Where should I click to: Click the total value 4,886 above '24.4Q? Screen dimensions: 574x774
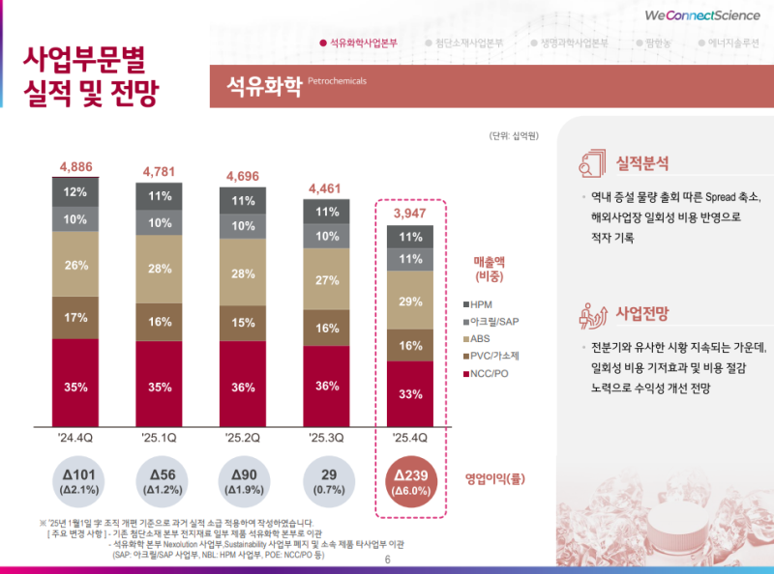pos(76,167)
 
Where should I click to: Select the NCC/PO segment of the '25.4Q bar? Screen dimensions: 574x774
pos(410,393)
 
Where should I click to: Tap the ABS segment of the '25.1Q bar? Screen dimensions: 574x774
pos(160,269)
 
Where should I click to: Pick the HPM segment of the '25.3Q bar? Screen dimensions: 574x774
pos(327,212)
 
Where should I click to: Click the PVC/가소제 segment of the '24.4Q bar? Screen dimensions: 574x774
pos(76,317)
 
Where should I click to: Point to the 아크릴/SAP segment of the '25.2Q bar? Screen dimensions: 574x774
pos(243,226)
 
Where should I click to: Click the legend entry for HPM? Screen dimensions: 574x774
pos(484,304)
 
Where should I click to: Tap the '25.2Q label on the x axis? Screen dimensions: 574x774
pos(243,439)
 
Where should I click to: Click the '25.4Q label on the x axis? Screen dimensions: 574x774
pos(410,439)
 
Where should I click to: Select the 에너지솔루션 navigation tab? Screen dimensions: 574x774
pos(732,43)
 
